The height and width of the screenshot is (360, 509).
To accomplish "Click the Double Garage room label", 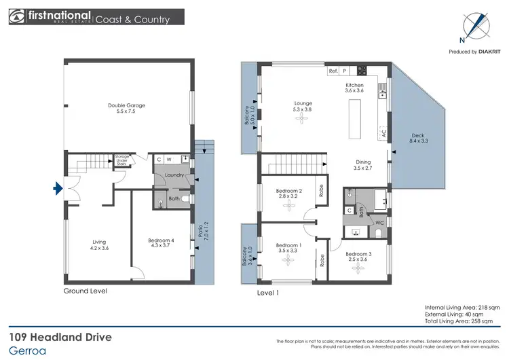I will coord(127,105).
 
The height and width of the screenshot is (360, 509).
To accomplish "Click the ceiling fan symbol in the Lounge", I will coord(301,118).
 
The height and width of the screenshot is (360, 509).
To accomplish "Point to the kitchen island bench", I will coord(353,117).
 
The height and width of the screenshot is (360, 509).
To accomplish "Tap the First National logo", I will coord(48,18).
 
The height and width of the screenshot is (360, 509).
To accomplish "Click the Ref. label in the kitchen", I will coord(333,71).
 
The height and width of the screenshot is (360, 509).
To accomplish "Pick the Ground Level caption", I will coord(85,291).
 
